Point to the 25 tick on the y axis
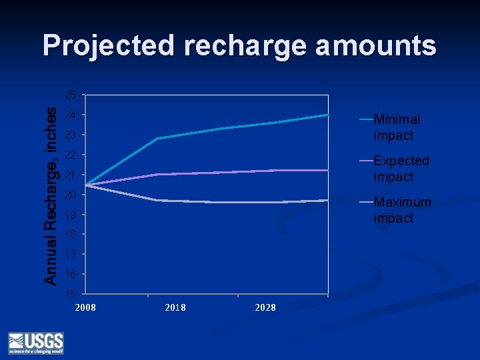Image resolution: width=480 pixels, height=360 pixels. click(x=70, y=94)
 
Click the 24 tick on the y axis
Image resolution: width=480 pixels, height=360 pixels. click(x=70, y=115)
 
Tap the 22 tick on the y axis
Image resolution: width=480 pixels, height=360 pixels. click(x=70, y=155)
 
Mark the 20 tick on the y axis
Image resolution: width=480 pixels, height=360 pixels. click(x=70, y=195)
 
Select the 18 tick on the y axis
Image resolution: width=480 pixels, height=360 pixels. click(x=70, y=235)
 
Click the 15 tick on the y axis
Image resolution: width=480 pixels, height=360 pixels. click(x=70, y=294)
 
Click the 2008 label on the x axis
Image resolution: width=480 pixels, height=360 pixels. click(x=85, y=307)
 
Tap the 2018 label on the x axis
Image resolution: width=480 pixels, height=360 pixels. click(x=175, y=307)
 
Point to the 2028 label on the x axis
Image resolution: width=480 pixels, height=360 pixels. click(x=265, y=307)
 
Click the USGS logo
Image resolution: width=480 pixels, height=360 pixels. click(x=35, y=342)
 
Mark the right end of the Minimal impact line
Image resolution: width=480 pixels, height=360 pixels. click(x=327, y=115)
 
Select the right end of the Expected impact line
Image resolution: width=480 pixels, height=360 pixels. click(x=327, y=170)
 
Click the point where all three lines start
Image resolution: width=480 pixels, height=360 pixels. click(x=85, y=185)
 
